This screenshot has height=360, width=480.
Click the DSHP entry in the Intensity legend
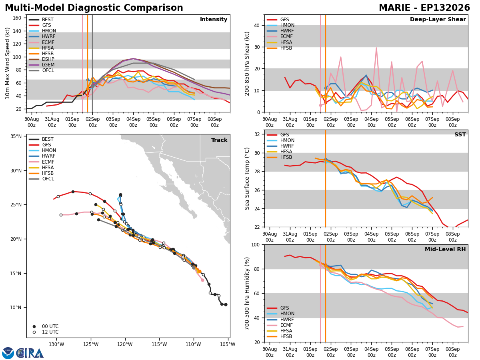(41, 59)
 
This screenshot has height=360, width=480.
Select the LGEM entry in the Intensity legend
(41, 65)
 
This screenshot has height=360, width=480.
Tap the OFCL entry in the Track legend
(41, 178)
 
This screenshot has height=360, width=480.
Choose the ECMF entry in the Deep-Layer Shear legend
(280, 36)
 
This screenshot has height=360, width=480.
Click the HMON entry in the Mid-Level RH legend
(280, 314)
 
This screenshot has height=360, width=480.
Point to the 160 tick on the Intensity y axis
(17, 18)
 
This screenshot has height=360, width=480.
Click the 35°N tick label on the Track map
(16, 136)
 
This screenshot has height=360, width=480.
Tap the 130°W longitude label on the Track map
(56, 344)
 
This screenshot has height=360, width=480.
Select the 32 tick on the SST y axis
(257, 134)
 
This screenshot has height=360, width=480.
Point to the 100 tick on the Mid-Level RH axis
(256, 244)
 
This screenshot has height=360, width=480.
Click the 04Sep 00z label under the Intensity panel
(133, 122)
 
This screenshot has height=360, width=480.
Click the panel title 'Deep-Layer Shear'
(438, 19)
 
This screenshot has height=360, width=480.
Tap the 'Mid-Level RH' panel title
(445, 249)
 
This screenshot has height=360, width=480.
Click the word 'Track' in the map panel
(219, 140)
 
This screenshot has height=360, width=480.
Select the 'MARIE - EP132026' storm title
(424, 8)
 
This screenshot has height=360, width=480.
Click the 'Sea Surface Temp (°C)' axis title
(247, 178)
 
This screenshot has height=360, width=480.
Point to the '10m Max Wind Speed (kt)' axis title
(7, 63)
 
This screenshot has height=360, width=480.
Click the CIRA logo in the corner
(23, 353)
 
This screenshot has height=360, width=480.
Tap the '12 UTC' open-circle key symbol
(34, 332)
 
